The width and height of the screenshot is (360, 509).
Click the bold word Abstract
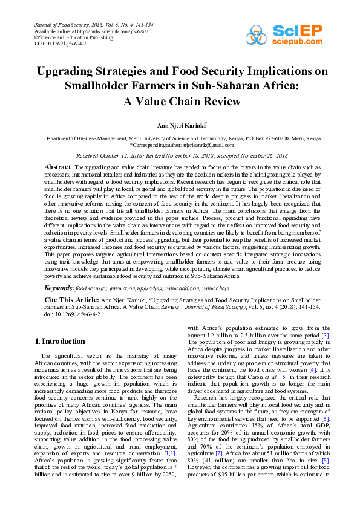coord(58,166)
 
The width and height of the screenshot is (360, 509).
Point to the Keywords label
coord(59,288)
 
